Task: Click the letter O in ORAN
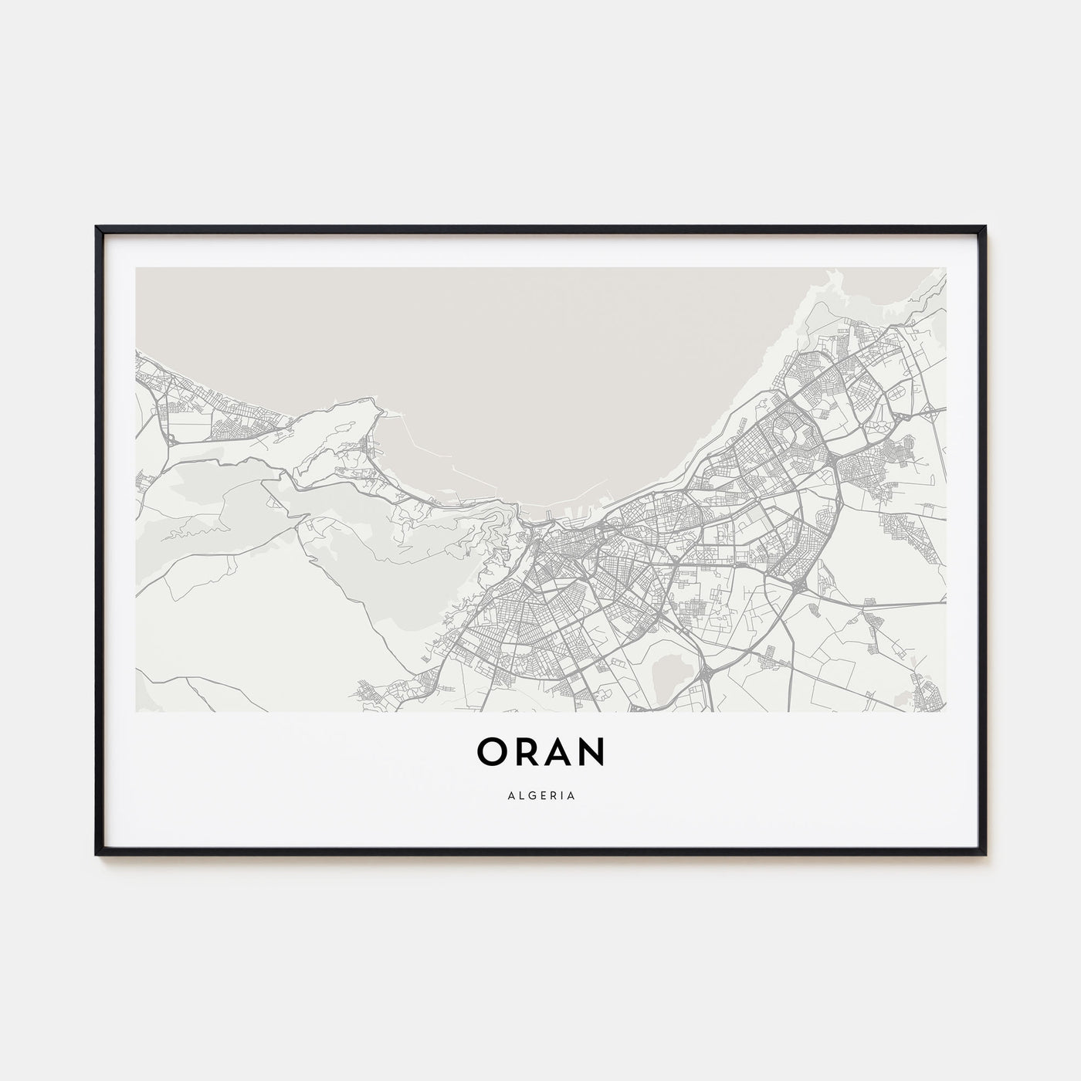(492, 752)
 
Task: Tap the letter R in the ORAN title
(526, 752)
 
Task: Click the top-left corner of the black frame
(97, 228)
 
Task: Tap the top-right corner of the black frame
(984, 228)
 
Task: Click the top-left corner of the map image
(136, 268)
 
